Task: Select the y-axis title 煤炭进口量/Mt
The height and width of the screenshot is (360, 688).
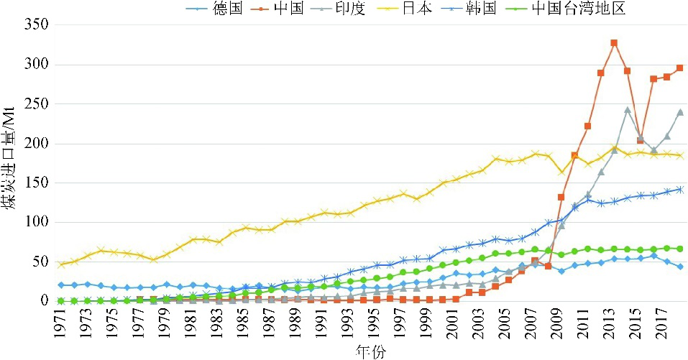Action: [x=11, y=165]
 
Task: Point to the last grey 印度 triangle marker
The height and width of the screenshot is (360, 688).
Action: [x=680, y=112]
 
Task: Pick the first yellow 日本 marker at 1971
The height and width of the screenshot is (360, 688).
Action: [x=61, y=264]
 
